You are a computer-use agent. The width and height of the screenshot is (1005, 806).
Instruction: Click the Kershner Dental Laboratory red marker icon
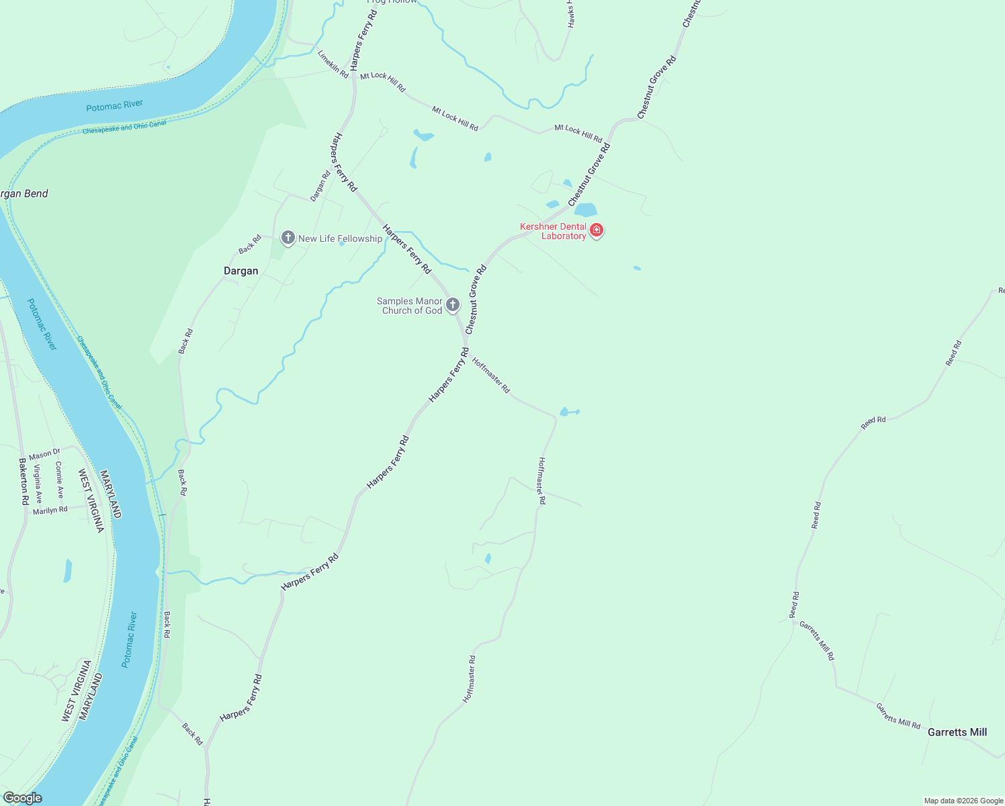click(596, 230)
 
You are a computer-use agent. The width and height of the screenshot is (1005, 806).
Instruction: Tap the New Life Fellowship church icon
click(288, 238)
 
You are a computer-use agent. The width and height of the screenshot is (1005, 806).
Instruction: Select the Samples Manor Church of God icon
click(453, 305)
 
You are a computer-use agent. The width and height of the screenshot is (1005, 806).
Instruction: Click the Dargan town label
click(241, 271)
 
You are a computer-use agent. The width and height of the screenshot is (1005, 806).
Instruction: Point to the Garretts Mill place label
click(957, 732)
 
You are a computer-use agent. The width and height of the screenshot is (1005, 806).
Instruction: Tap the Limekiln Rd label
click(333, 64)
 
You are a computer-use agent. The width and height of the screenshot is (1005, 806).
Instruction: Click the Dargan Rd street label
click(320, 186)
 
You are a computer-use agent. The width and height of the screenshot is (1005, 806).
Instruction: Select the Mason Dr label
click(44, 455)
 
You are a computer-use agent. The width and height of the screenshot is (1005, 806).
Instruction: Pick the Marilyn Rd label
click(50, 510)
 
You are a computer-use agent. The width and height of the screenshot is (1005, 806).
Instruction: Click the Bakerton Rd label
click(24, 482)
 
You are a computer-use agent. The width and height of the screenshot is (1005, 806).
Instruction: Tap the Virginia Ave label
click(38, 484)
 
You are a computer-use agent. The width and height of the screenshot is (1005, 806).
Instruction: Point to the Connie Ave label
click(59, 480)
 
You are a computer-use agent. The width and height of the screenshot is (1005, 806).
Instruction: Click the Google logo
click(22, 798)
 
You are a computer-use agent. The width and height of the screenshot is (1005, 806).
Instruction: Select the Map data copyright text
click(963, 801)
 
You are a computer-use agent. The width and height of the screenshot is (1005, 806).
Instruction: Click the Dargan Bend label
click(24, 193)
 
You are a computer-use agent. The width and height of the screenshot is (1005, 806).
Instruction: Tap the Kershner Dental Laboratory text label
click(553, 231)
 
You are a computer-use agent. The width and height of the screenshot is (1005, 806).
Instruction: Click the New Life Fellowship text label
click(340, 238)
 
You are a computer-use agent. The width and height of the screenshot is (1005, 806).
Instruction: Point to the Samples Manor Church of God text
click(410, 306)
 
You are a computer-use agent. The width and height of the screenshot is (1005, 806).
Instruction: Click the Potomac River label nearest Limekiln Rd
click(114, 105)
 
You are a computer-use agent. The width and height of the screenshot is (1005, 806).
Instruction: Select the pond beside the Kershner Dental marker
click(585, 210)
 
